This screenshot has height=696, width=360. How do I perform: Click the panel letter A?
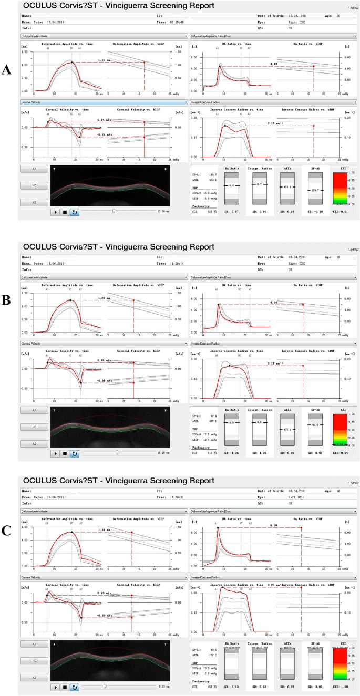coord(7,69)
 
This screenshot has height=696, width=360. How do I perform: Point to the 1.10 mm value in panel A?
coord(104,61)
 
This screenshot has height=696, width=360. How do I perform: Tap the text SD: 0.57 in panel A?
coord(232,212)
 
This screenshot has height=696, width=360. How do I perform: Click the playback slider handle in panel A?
coord(114,212)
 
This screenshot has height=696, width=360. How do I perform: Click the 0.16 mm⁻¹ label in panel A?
coord(273,124)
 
